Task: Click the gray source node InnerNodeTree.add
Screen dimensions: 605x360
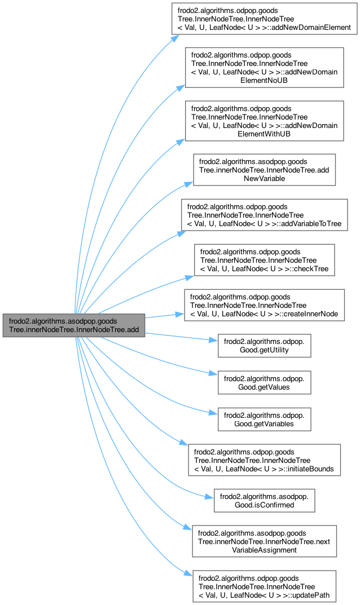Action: (x=73, y=325)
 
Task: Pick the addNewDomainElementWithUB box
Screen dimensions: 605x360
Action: (x=264, y=121)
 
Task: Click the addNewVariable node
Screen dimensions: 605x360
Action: (x=264, y=169)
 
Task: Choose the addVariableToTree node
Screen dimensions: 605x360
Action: (x=264, y=215)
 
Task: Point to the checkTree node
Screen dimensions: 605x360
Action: (x=264, y=259)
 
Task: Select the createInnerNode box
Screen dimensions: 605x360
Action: (x=264, y=305)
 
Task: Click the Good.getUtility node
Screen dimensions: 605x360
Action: (x=264, y=346)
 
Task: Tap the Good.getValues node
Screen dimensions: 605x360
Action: (x=264, y=382)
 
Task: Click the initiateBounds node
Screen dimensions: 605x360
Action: (x=264, y=460)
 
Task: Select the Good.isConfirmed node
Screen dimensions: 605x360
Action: (x=264, y=501)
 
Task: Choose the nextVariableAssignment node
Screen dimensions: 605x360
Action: (x=264, y=541)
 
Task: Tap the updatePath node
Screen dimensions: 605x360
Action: (x=264, y=586)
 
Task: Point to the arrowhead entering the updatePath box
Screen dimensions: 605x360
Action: (x=190, y=574)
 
